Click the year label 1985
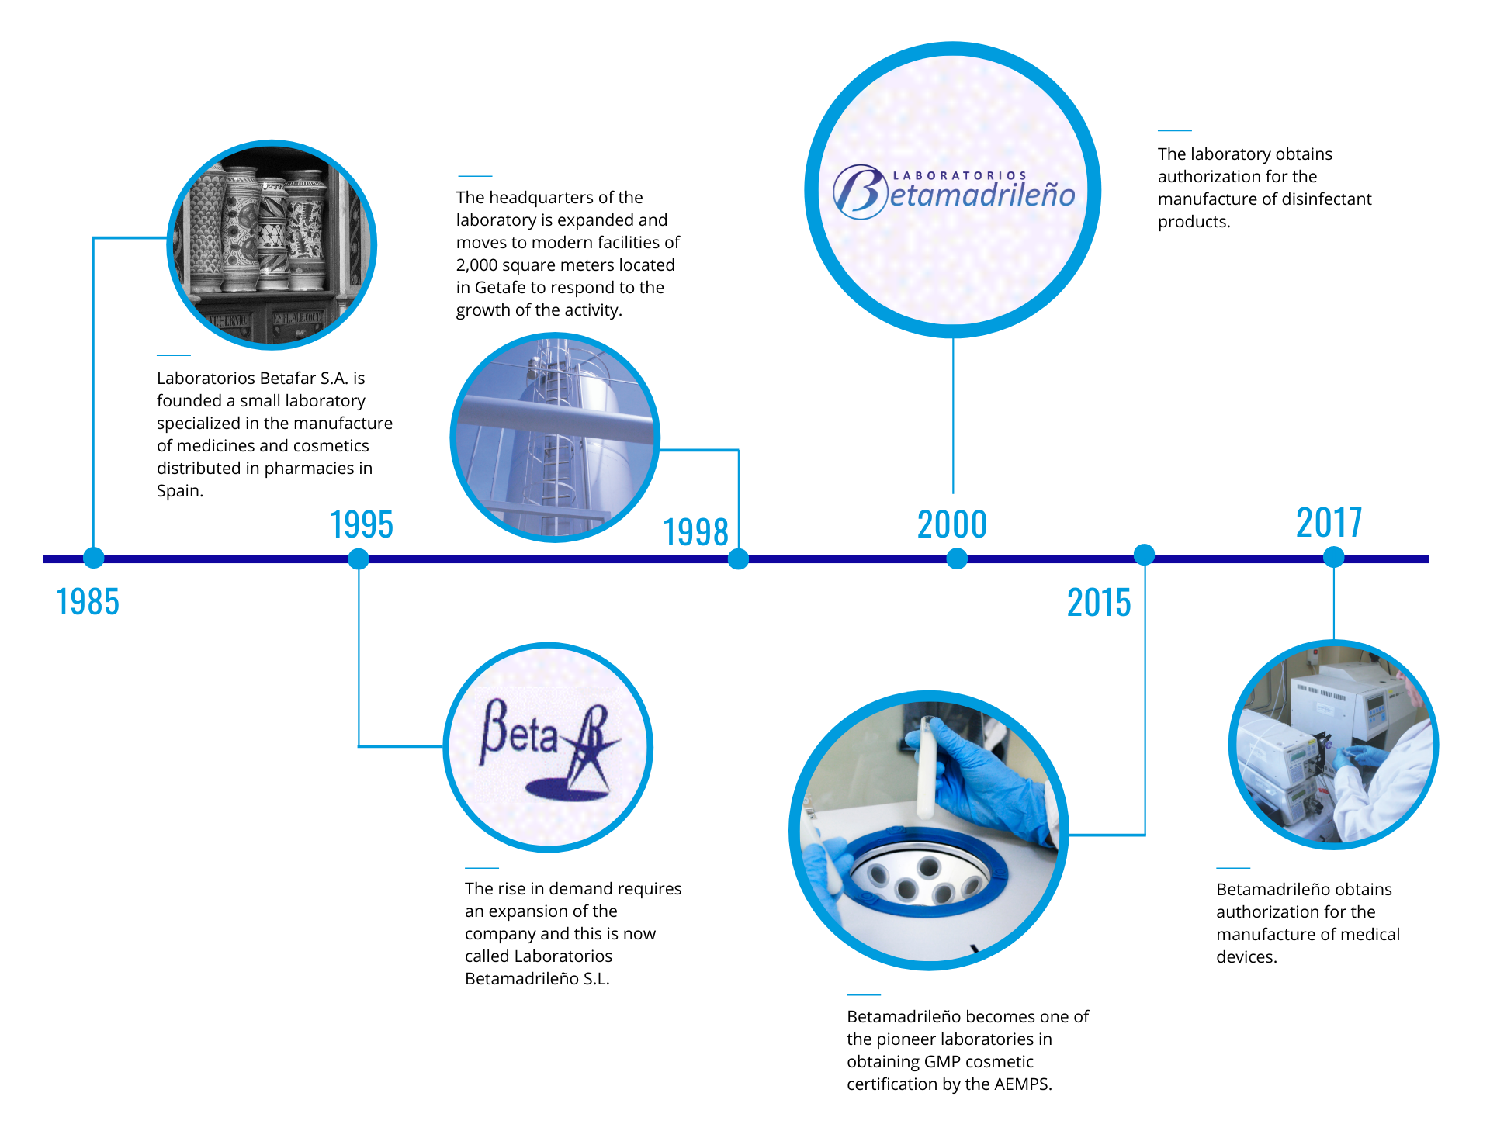click(x=88, y=602)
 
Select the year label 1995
click(x=362, y=524)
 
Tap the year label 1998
click(x=695, y=532)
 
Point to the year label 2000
click(x=952, y=524)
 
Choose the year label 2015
click(x=1099, y=603)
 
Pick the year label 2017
click(x=1329, y=523)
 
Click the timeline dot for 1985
click(x=93, y=558)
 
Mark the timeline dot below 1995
click(x=359, y=559)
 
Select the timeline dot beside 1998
click(x=738, y=559)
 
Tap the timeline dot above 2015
click(x=1144, y=555)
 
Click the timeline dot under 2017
click(x=1333, y=557)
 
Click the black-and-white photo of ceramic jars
click(x=272, y=245)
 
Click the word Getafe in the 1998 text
click(x=500, y=288)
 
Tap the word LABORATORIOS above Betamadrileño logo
click(x=960, y=176)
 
